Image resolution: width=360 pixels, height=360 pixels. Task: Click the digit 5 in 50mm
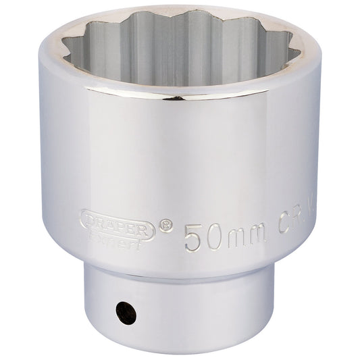pyautogui.click(x=194, y=236)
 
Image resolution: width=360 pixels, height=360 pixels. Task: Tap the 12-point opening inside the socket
pyautogui.click(x=180, y=51)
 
